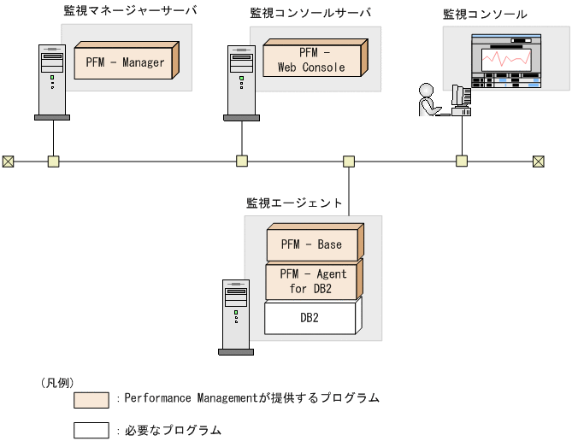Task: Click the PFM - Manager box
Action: point(125,62)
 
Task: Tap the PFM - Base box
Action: point(311,244)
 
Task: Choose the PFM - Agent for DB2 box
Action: point(311,280)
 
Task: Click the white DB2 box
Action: point(310,318)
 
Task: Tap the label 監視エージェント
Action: point(294,203)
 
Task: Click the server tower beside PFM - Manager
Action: point(52,80)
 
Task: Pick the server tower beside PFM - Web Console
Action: point(241,80)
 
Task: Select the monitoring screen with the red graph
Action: point(507,61)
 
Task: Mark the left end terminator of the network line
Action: point(8,161)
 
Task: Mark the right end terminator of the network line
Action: point(539,161)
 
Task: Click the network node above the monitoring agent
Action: point(349,161)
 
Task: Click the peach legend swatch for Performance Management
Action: point(91,399)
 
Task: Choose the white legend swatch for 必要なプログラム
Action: point(91,430)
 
